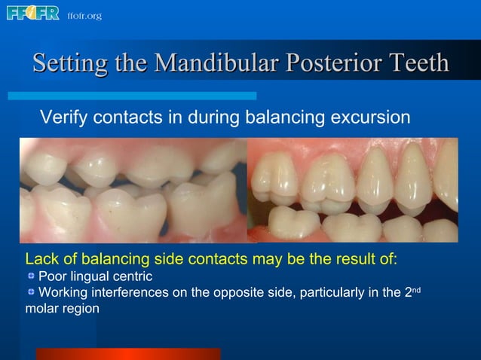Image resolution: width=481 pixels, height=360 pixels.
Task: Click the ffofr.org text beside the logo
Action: pos(84,16)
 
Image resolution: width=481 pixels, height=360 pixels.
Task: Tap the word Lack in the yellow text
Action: pos(41,260)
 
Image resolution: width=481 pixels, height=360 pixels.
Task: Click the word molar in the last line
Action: pos(41,309)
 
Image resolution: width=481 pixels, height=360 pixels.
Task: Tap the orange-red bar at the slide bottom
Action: pos(127,353)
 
